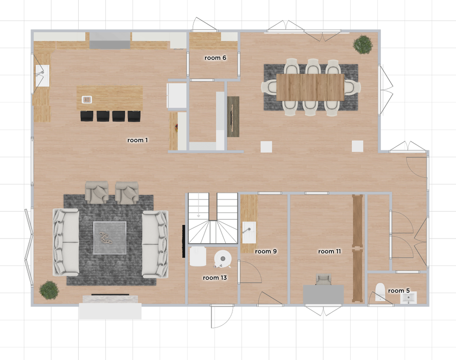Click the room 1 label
[x=138, y=140]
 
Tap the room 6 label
[x=215, y=58]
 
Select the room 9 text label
[x=266, y=251]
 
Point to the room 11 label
[x=329, y=251]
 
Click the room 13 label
[x=215, y=278]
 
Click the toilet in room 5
[x=380, y=291]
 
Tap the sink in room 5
[x=409, y=298]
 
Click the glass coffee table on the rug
[x=109, y=238]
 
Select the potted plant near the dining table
[x=362, y=45]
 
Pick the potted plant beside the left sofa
[x=49, y=290]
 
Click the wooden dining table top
[x=310, y=87]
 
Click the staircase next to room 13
[x=212, y=218]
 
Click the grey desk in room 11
[x=323, y=294]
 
